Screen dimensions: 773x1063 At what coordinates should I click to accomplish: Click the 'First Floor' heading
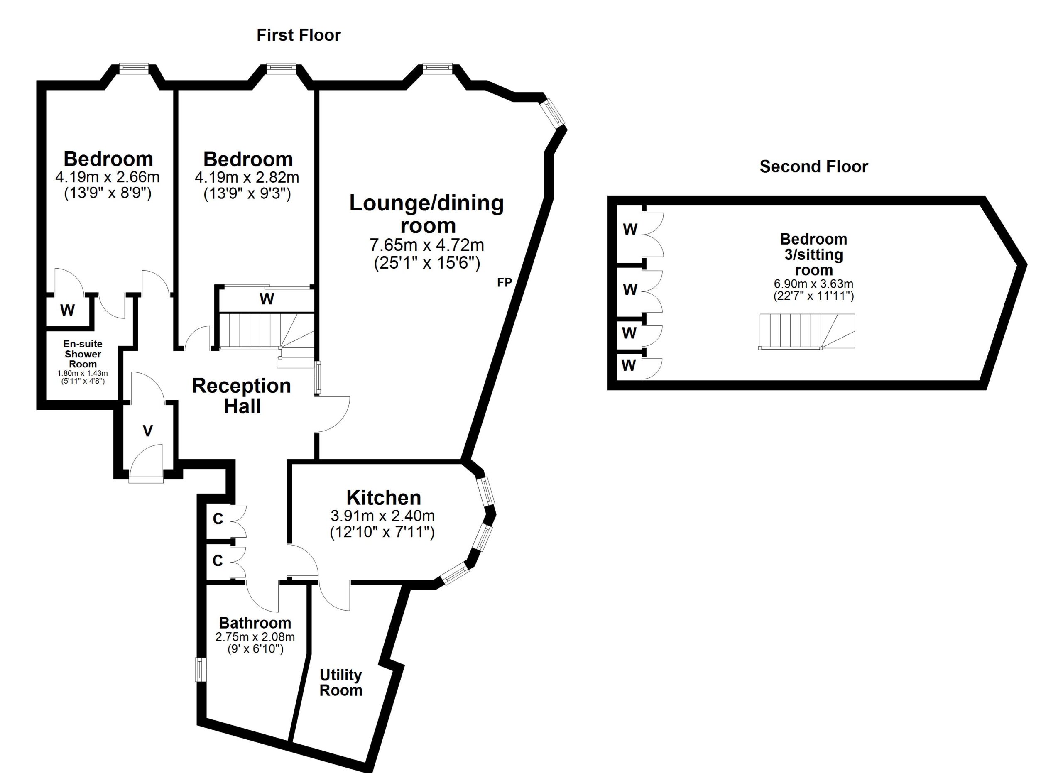pyautogui.click(x=299, y=35)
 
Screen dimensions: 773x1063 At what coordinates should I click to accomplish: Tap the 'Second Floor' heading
pyautogui.click(x=814, y=167)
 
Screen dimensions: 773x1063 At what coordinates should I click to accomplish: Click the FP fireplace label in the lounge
pyautogui.click(x=505, y=282)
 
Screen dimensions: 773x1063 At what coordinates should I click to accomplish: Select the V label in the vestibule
pyautogui.click(x=148, y=431)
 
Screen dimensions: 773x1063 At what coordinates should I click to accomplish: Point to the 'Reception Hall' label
pyautogui.click(x=242, y=396)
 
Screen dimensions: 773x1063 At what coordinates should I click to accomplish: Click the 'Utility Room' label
pyautogui.click(x=341, y=682)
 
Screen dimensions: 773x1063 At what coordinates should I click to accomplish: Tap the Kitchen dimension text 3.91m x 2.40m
pyautogui.click(x=382, y=516)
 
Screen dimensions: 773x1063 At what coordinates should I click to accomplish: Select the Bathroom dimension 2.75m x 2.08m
pyautogui.click(x=255, y=637)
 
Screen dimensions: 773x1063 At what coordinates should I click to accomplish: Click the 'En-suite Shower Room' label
pyautogui.click(x=83, y=354)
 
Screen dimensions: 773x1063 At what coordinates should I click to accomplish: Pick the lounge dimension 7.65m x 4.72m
pyautogui.click(x=426, y=245)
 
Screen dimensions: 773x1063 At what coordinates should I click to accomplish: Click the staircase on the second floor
pyautogui.click(x=806, y=331)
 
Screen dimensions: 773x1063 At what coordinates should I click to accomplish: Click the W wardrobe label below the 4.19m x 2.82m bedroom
pyautogui.click(x=267, y=299)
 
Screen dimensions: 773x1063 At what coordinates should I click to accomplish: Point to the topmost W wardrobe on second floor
pyautogui.click(x=630, y=229)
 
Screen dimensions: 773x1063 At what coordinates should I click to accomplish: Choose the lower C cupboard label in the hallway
pyautogui.click(x=218, y=560)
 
